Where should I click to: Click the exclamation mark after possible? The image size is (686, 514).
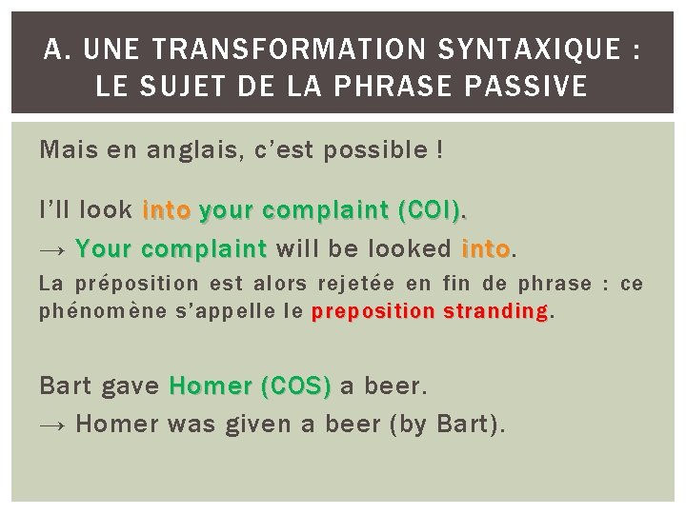438,149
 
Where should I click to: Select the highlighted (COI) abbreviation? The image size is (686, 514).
435,209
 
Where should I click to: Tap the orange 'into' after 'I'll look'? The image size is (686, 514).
167,209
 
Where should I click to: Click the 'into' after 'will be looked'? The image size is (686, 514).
486,249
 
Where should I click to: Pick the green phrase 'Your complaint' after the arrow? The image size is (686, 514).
171,249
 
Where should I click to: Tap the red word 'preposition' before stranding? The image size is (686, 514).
373,311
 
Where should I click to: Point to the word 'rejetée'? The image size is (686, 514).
365,285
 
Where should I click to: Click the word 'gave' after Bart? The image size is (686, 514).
130,386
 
